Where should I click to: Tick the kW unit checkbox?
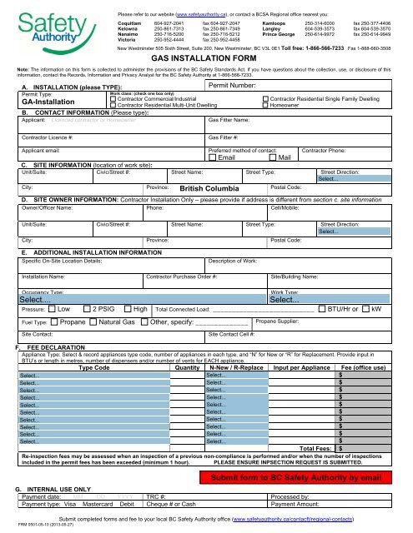pos(365,308)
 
